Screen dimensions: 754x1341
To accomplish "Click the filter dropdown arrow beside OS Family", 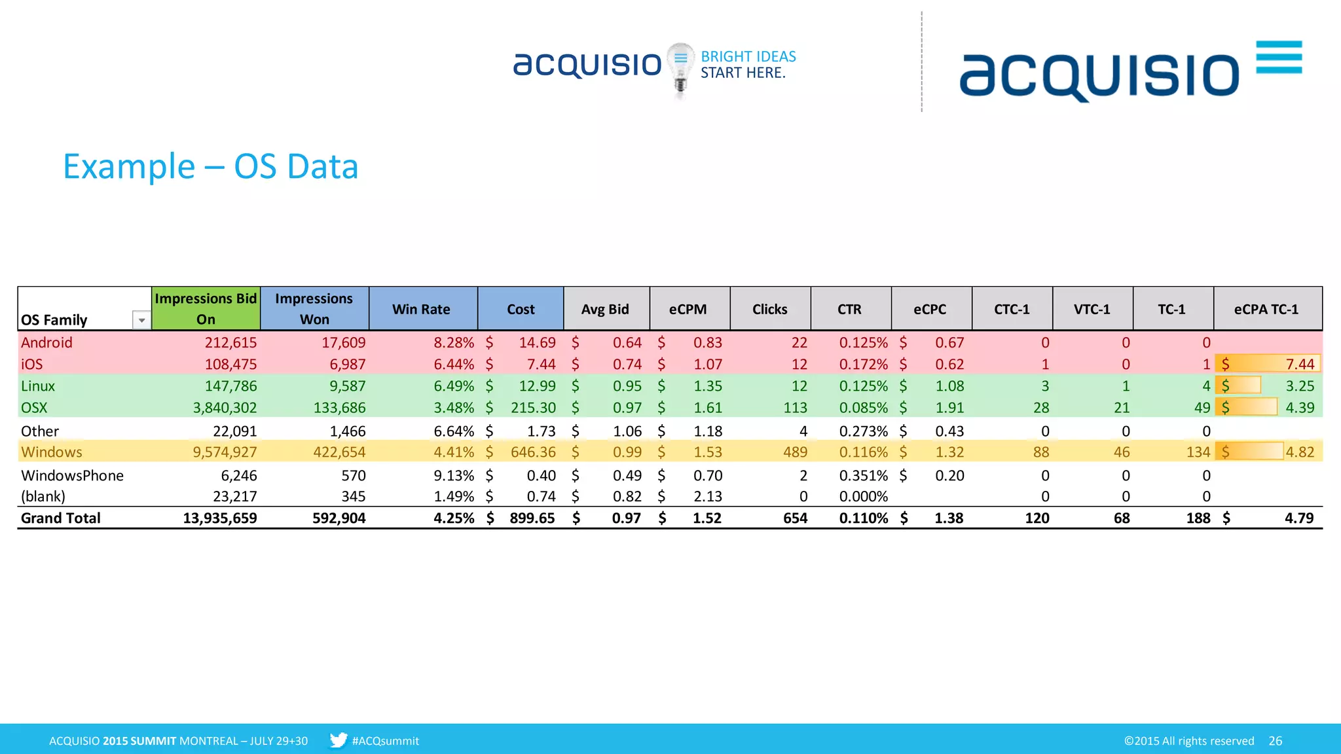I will [x=141, y=320].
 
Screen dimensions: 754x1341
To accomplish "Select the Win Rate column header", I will [x=421, y=309].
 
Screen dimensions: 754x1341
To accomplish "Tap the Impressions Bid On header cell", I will [x=206, y=308].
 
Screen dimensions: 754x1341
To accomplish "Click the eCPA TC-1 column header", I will [x=1266, y=309].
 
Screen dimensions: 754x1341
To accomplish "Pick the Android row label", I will [x=46, y=342].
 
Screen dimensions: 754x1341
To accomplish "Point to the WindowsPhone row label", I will [x=72, y=475].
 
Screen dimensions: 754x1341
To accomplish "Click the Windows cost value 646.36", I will [x=533, y=452].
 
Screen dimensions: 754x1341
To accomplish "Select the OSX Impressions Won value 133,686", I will [x=339, y=408].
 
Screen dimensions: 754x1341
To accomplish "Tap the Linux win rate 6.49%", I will [x=454, y=386].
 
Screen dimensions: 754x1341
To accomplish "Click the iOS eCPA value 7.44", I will [x=1299, y=364].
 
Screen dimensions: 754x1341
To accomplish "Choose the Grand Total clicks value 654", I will [x=795, y=518].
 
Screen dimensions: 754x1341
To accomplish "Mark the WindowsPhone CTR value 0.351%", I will [x=863, y=475].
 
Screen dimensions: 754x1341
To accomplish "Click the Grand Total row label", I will [x=61, y=518].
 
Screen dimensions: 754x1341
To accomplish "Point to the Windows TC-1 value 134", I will [x=1198, y=452].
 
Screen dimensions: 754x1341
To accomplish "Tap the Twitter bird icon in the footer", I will [x=338, y=740].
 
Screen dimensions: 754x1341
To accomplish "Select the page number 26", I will [x=1275, y=741].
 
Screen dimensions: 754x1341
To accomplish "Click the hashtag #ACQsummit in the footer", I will [x=385, y=741].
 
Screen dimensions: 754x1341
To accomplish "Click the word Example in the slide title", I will [x=129, y=167].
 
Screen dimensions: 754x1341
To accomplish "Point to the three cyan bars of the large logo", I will [x=1279, y=57].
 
